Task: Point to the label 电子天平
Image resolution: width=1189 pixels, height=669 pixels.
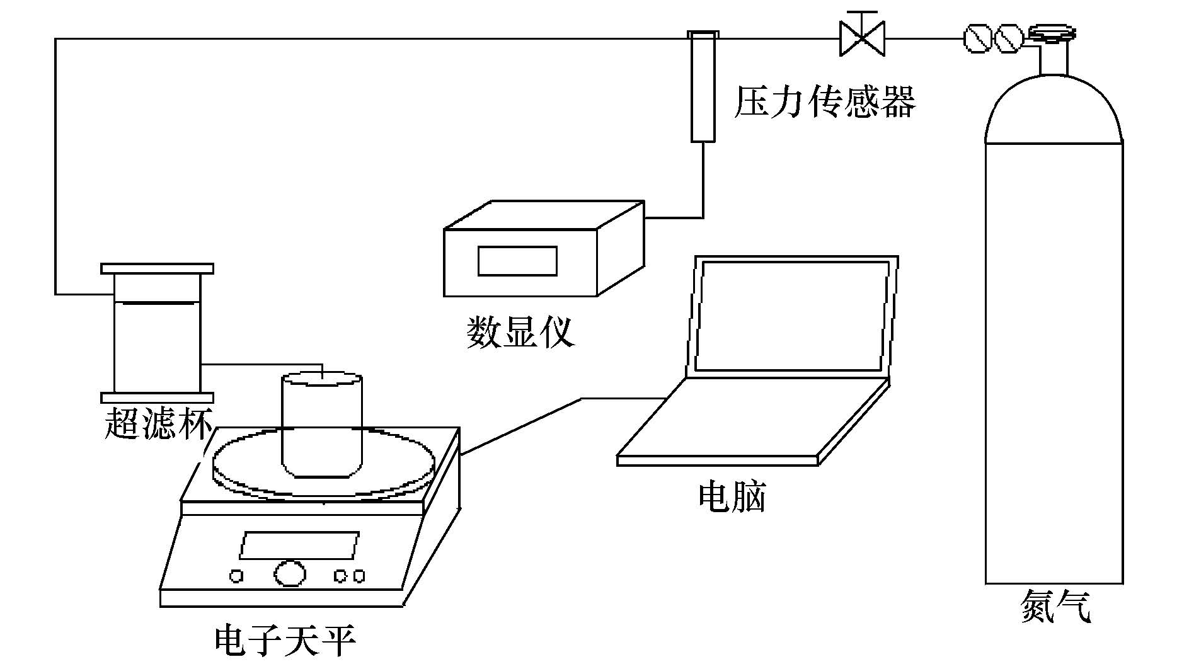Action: tap(285, 641)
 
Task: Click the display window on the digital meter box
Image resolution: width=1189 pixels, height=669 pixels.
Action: tap(517, 261)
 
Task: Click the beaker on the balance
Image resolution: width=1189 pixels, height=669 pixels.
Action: tap(321, 425)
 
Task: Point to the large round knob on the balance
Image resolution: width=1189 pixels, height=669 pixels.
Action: tap(290, 573)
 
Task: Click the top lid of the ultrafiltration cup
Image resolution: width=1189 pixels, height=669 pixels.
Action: tap(157, 269)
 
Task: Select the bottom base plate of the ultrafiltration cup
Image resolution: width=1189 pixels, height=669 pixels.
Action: tap(157, 397)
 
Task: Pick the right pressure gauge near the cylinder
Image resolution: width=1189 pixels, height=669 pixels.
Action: tap(1007, 38)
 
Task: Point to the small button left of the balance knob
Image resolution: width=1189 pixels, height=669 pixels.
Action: tap(236, 575)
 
